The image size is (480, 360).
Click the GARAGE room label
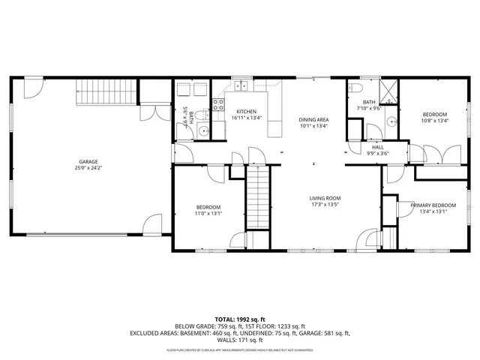point(88,161)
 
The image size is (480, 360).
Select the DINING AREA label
point(313,120)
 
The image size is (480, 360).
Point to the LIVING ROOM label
point(325,198)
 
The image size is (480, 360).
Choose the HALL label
point(378,147)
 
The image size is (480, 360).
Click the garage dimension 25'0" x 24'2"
point(88,168)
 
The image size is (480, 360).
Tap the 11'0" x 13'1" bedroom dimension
point(208,214)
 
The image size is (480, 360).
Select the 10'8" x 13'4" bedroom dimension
point(434,121)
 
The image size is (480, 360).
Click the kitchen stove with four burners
point(218,105)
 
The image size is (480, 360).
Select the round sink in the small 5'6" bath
point(203,131)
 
